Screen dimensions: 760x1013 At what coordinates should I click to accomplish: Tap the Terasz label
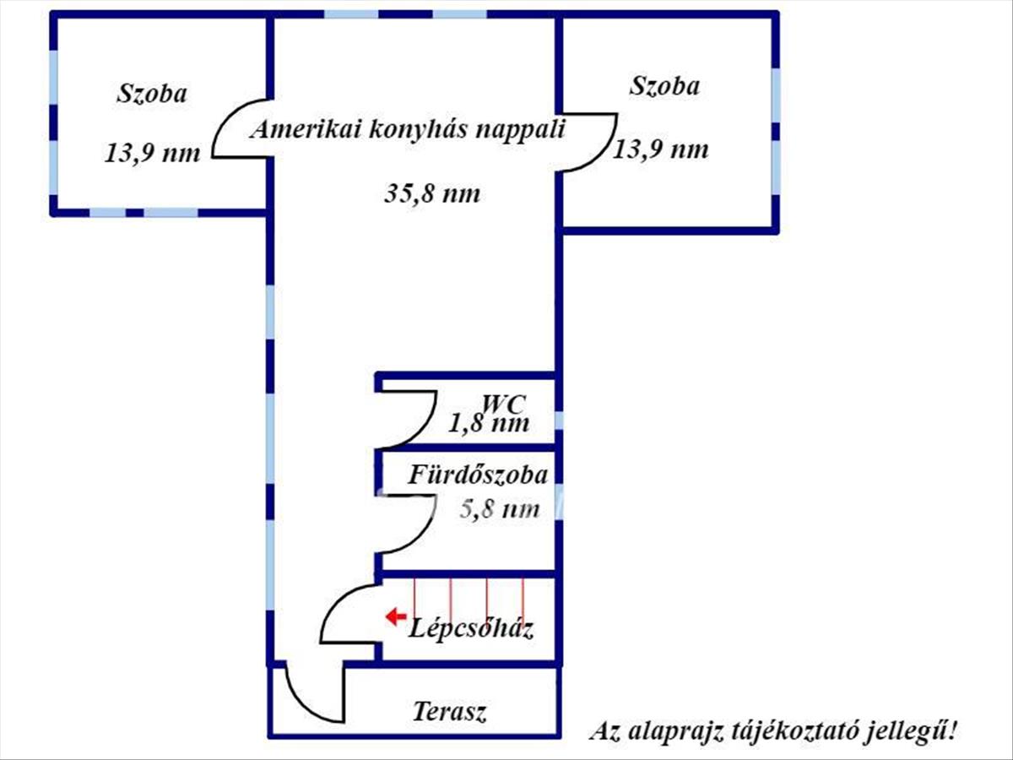[449, 712]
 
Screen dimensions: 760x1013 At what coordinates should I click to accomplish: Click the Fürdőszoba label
[479, 475]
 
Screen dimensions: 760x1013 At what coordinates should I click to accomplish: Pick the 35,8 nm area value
[432, 193]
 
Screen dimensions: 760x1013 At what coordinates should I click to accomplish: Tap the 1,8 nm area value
[490, 422]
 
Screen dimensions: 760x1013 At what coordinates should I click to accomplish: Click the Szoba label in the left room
[151, 93]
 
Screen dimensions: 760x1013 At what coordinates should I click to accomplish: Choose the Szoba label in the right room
[665, 85]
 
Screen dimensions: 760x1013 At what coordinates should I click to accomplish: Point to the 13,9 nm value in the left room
[153, 153]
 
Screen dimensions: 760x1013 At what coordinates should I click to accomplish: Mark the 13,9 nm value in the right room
[660, 149]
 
